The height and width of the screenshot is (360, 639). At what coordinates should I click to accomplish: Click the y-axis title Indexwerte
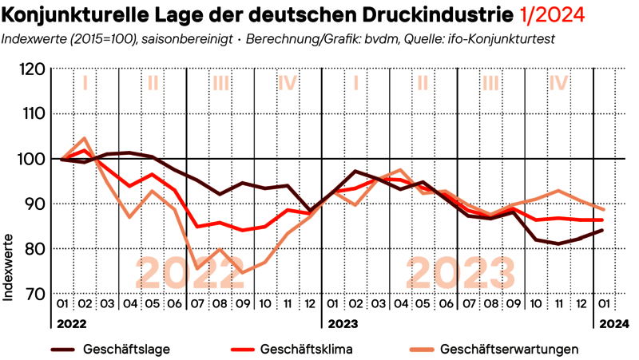click(10, 267)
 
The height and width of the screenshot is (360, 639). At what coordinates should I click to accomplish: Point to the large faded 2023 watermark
click(458, 274)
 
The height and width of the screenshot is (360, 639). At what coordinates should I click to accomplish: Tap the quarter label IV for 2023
click(558, 81)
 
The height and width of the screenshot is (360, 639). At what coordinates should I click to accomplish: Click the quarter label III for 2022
click(220, 81)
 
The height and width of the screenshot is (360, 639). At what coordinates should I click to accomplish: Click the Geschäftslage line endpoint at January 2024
click(601, 230)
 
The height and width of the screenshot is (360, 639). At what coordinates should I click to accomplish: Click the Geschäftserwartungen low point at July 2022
click(197, 268)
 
